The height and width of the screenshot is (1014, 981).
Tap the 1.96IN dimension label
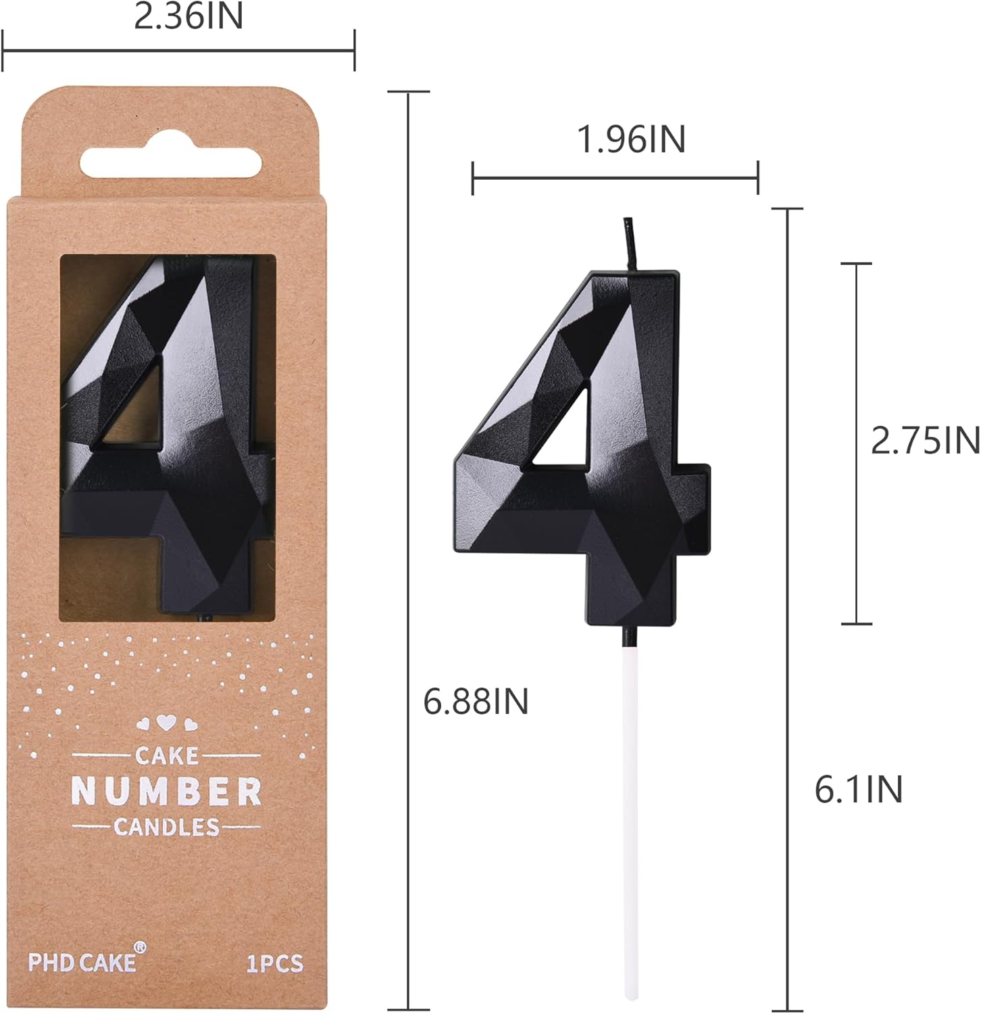coord(631,139)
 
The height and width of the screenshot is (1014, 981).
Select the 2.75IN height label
coord(925,441)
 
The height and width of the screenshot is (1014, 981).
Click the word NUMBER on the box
coord(166,791)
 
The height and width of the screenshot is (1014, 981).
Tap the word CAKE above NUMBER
coord(166,755)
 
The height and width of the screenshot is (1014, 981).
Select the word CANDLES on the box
coord(166,827)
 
